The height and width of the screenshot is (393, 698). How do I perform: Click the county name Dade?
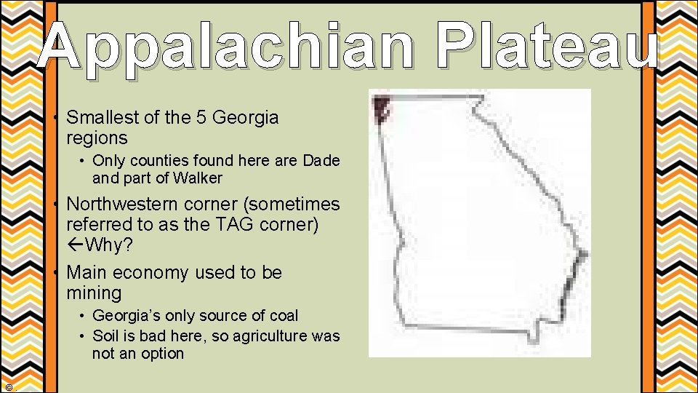pos(321,160)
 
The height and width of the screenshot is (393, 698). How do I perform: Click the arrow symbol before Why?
pos(75,245)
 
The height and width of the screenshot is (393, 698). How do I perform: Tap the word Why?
pos(109,245)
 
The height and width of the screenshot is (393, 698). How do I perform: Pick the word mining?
pos(94,293)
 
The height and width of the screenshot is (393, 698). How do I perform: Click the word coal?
pos(284,316)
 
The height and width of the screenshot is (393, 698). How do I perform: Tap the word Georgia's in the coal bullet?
pos(124,316)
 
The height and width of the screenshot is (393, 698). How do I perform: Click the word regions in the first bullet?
pos(97,138)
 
